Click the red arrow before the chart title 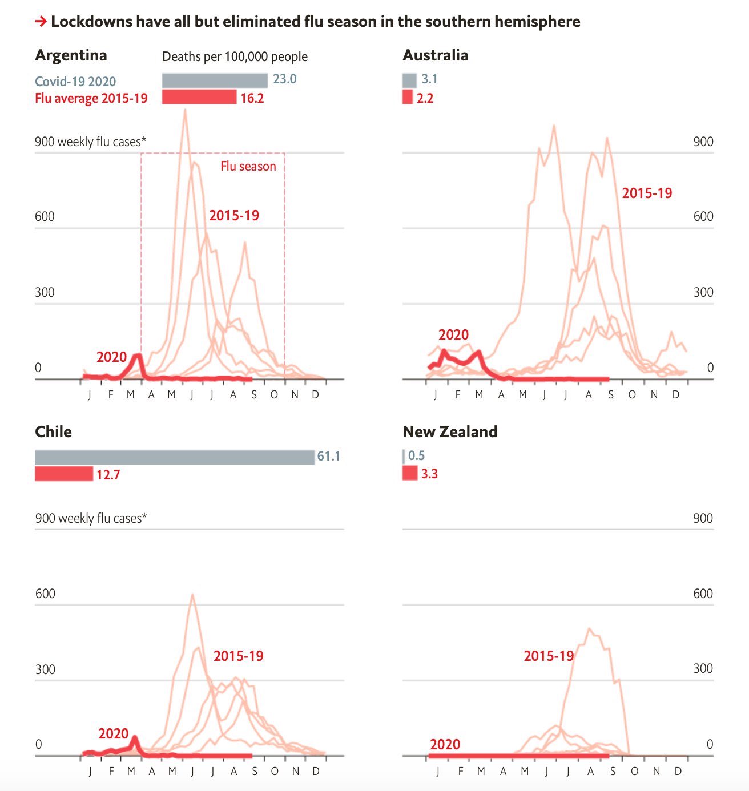pyautogui.click(x=41, y=22)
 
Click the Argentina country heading pyautogui.click(x=71, y=55)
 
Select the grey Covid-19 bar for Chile pyautogui.click(x=174, y=457)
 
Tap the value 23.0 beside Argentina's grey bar pyautogui.click(x=284, y=79)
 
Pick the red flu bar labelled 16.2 pyautogui.click(x=199, y=97)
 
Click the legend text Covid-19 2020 pyautogui.click(x=75, y=81)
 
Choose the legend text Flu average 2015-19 pyautogui.click(x=91, y=98)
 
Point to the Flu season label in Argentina pyautogui.click(x=248, y=166)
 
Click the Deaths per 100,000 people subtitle pyautogui.click(x=235, y=56)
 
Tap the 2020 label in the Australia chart pyautogui.click(x=453, y=334)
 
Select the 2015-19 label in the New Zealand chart pyautogui.click(x=549, y=656)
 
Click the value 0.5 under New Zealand pyautogui.click(x=416, y=455)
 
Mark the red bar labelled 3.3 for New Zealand pyautogui.click(x=410, y=473)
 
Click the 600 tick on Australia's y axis pyautogui.click(x=703, y=216)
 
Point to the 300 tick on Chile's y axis pyautogui.click(x=45, y=669)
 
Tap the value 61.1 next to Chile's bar pyautogui.click(x=328, y=456)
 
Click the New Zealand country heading pyautogui.click(x=450, y=431)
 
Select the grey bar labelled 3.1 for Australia pyautogui.click(x=409, y=80)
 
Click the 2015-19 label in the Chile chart pyautogui.click(x=238, y=656)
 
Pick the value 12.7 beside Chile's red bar pyautogui.click(x=108, y=475)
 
